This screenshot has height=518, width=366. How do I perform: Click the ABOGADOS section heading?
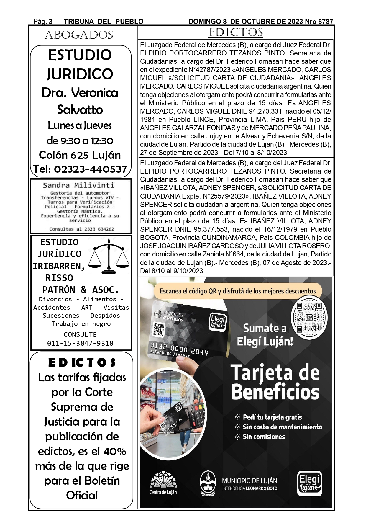(79, 35)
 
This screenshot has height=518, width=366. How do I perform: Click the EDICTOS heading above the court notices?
(235, 32)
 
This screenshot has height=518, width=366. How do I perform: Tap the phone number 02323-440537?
(91, 169)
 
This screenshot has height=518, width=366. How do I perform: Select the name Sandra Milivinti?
(78, 185)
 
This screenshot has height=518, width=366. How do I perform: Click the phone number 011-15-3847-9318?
(80, 343)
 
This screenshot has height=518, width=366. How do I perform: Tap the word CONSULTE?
(80, 334)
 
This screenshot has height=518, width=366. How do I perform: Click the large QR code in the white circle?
(309, 318)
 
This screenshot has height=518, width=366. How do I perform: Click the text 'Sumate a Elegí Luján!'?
(265, 335)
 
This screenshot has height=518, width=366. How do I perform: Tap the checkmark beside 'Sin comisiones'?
(237, 437)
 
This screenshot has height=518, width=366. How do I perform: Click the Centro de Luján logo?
(163, 483)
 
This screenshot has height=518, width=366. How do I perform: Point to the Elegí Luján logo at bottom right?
(309, 483)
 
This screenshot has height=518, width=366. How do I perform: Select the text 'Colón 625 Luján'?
(80, 155)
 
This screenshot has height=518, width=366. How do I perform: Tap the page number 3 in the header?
(51, 22)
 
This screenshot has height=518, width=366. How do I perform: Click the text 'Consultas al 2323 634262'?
(81, 229)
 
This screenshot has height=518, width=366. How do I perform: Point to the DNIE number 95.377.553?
(211, 229)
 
